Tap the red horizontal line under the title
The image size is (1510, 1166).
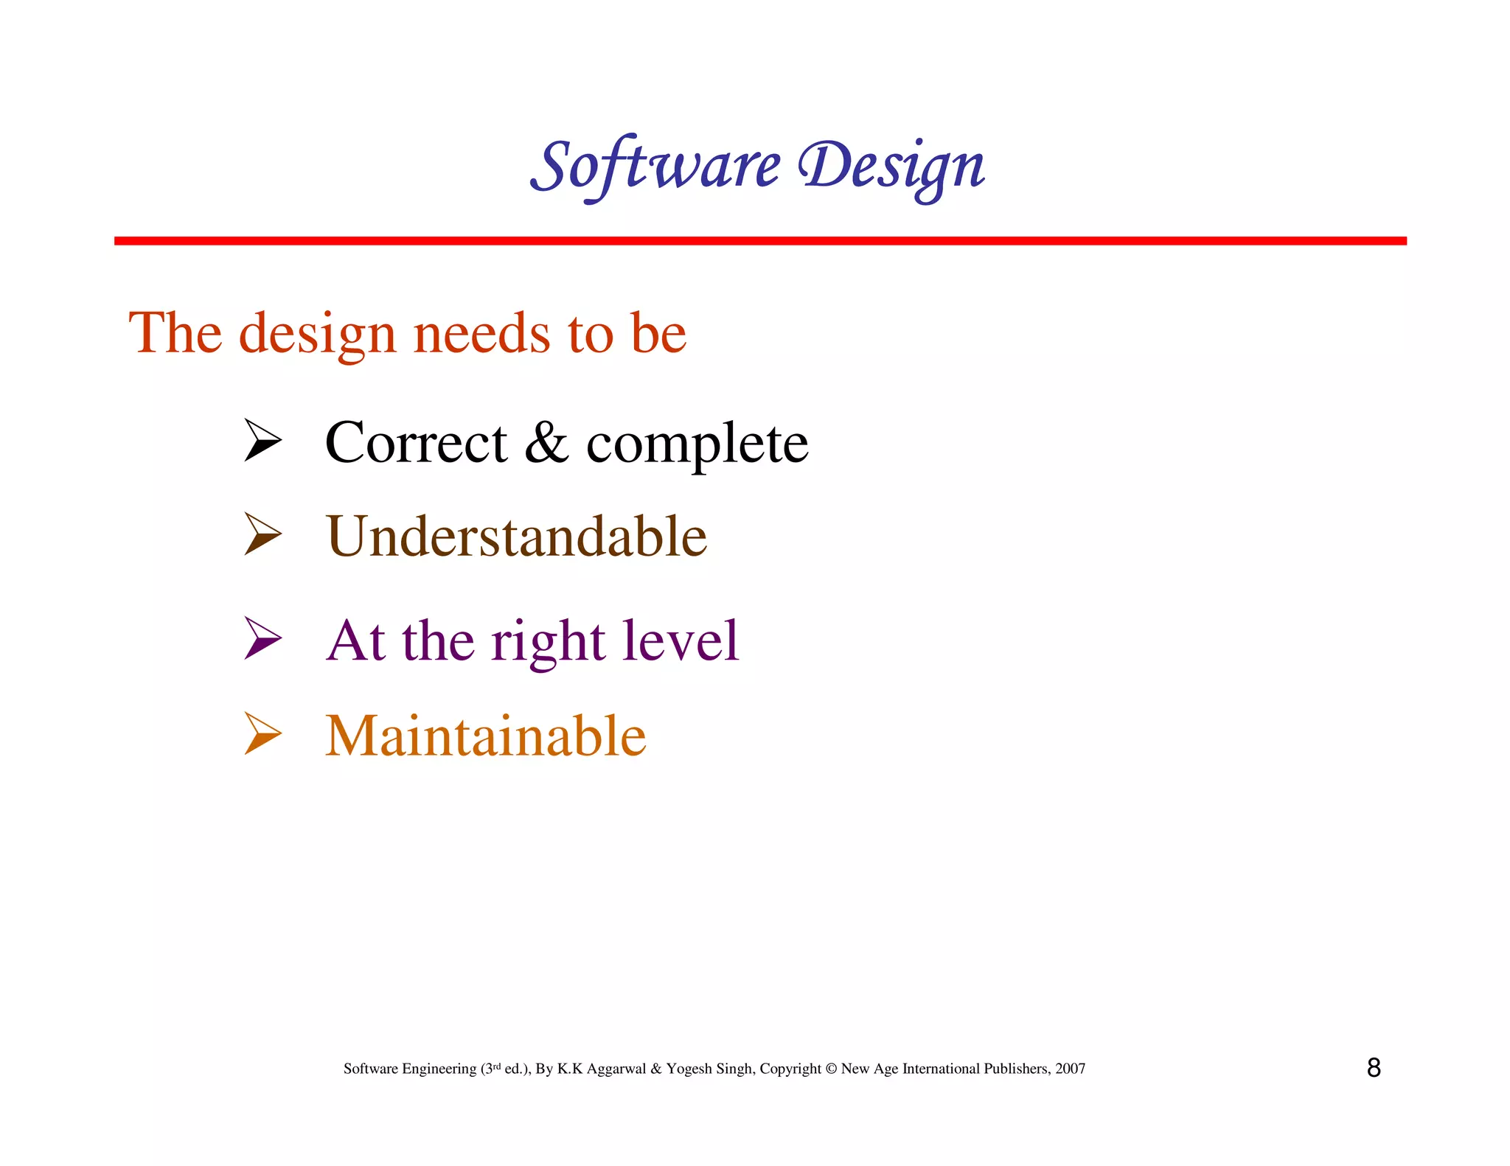click(759, 241)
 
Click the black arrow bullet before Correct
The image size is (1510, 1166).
click(262, 440)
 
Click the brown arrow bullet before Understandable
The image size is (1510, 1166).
click(262, 534)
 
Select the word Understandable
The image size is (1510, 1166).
click(516, 536)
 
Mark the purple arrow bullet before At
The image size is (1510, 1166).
click(262, 638)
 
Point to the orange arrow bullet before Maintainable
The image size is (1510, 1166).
click(262, 733)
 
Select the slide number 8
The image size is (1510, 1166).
click(1374, 1068)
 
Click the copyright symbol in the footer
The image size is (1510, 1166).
click(831, 1069)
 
